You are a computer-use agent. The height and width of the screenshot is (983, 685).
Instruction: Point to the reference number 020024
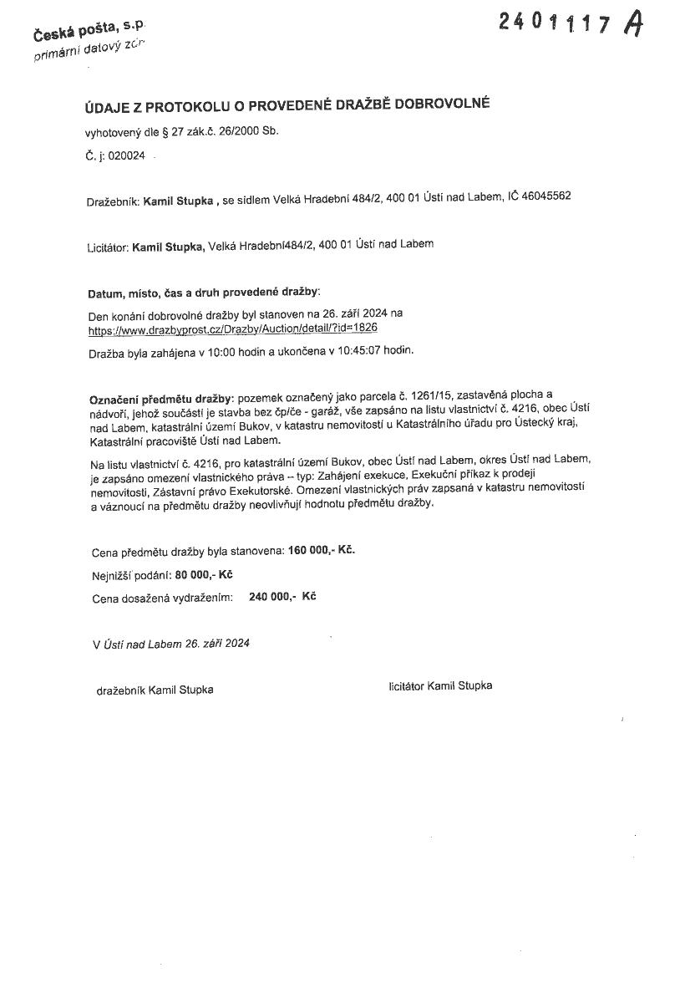[123, 155]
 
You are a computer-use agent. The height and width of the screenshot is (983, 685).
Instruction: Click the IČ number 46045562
[546, 196]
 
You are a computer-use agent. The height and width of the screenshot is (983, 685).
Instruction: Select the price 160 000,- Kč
[322, 550]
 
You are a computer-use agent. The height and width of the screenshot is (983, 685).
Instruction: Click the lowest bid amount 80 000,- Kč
[204, 575]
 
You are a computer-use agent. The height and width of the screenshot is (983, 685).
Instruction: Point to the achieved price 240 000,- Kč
[282, 597]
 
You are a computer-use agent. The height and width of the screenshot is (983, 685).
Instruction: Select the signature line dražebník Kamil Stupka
[155, 690]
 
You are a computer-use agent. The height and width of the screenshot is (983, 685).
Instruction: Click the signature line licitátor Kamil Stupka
[440, 685]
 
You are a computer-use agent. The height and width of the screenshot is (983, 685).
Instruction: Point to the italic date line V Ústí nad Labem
[171, 644]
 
